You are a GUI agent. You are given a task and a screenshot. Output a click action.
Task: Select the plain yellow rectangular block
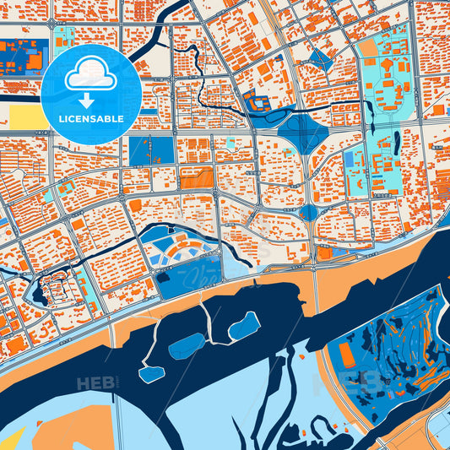tap(26, 116)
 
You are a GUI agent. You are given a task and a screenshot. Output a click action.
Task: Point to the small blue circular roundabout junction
tap(308, 212)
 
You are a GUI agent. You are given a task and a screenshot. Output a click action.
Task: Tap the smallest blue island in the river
tap(153, 374)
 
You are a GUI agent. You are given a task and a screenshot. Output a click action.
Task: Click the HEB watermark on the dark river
tap(96, 384)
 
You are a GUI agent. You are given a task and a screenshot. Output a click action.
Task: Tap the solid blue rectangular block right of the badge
tap(152, 150)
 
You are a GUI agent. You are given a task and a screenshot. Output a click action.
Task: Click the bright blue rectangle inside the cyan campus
tap(350, 158)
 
